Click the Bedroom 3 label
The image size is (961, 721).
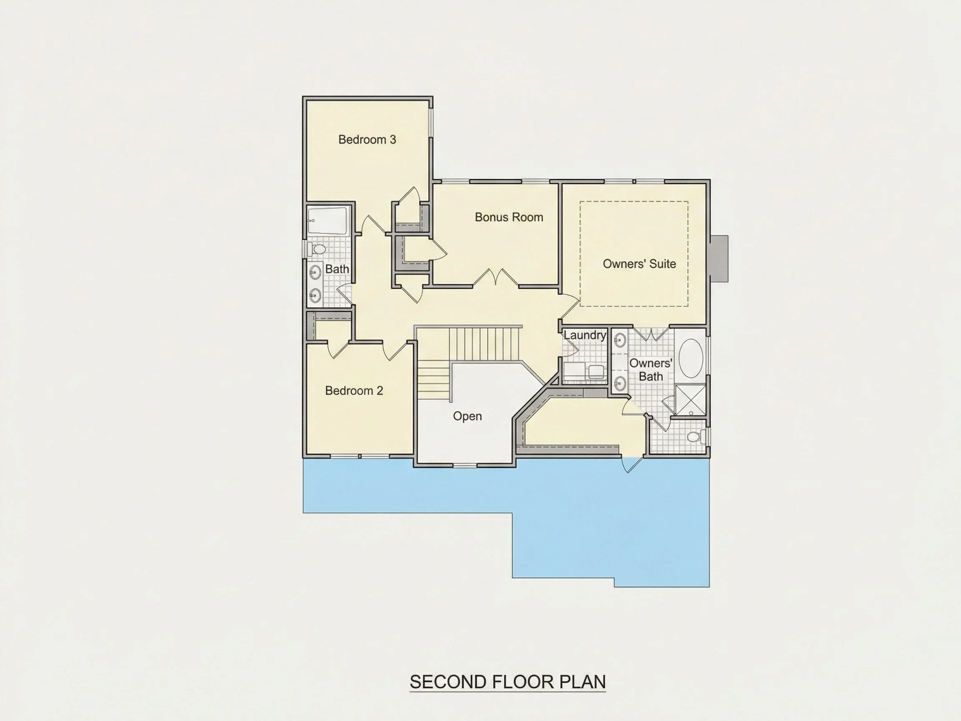click(x=367, y=139)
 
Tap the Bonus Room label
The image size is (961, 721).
click(x=509, y=217)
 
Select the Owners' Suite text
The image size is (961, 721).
click(x=639, y=264)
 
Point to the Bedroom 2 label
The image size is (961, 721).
click(x=354, y=391)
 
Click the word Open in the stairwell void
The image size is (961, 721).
click(x=468, y=416)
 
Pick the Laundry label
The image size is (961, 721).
click(x=585, y=335)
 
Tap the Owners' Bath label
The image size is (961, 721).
click(x=651, y=369)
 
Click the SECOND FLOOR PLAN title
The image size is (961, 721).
click(x=508, y=681)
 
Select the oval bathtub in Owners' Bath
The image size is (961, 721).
click(x=691, y=358)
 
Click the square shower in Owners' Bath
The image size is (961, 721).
click(x=690, y=400)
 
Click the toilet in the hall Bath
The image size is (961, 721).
click(x=317, y=250)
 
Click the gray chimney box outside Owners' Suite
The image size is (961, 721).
click(x=719, y=259)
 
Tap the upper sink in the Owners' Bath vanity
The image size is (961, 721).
click(x=620, y=340)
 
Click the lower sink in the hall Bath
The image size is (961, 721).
click(x=315, y=295)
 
